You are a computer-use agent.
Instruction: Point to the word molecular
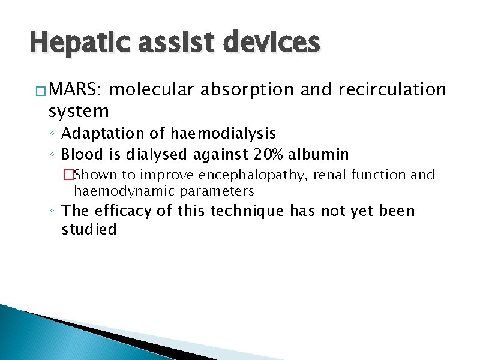(x=152, y=90)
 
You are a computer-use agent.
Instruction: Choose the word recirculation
(x=392, y=90)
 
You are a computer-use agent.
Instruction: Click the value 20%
(x=269, y=154)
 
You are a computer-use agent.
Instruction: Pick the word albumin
(x=319, y=154)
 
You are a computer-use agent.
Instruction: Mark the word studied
(x=89, y=230)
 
